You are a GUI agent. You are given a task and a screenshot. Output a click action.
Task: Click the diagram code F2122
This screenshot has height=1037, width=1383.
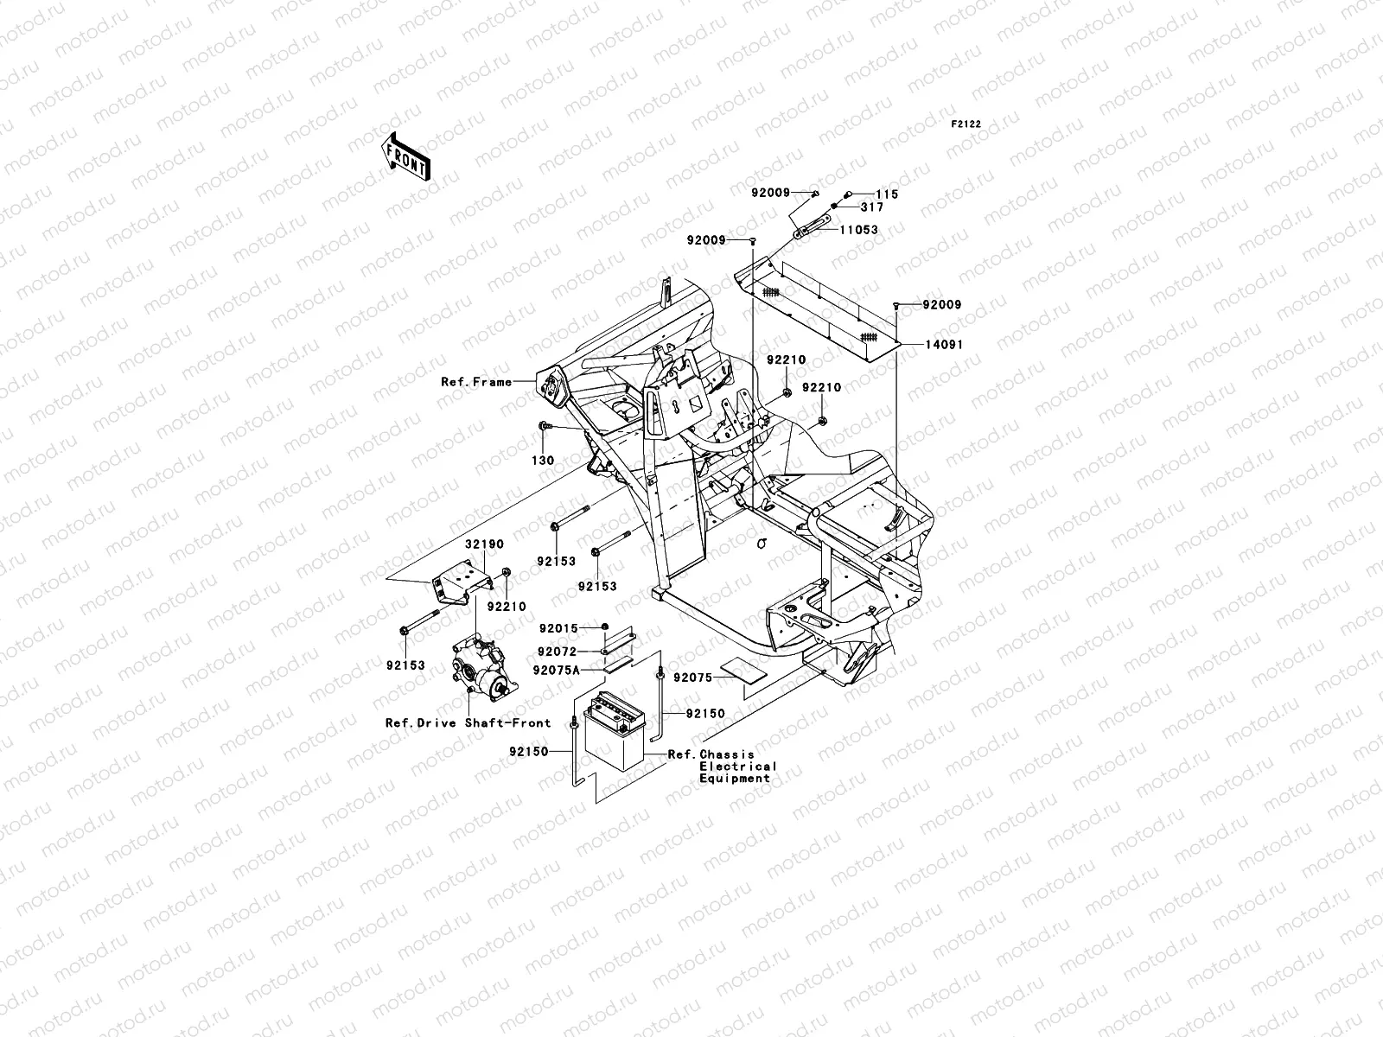(966, 124)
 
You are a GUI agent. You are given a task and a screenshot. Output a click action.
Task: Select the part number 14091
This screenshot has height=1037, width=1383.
(921, 345)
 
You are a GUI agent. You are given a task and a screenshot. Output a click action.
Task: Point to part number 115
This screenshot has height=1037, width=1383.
(888, 194)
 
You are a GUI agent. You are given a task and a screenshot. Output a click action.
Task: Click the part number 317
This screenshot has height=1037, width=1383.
(871, 207)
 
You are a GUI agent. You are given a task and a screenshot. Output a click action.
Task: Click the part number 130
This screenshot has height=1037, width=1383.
(542, 461)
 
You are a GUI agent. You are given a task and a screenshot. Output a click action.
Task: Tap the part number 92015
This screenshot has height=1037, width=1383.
(558, 628)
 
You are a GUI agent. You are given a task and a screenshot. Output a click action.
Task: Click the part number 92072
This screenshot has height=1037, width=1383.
(558, 651)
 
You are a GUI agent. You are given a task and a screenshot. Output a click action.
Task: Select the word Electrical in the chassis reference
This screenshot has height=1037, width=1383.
(738, 767)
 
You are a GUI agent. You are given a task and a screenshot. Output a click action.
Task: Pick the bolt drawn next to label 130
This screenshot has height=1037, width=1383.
(546, 426)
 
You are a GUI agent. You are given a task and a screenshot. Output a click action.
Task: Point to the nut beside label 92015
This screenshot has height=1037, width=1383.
(609, 627)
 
